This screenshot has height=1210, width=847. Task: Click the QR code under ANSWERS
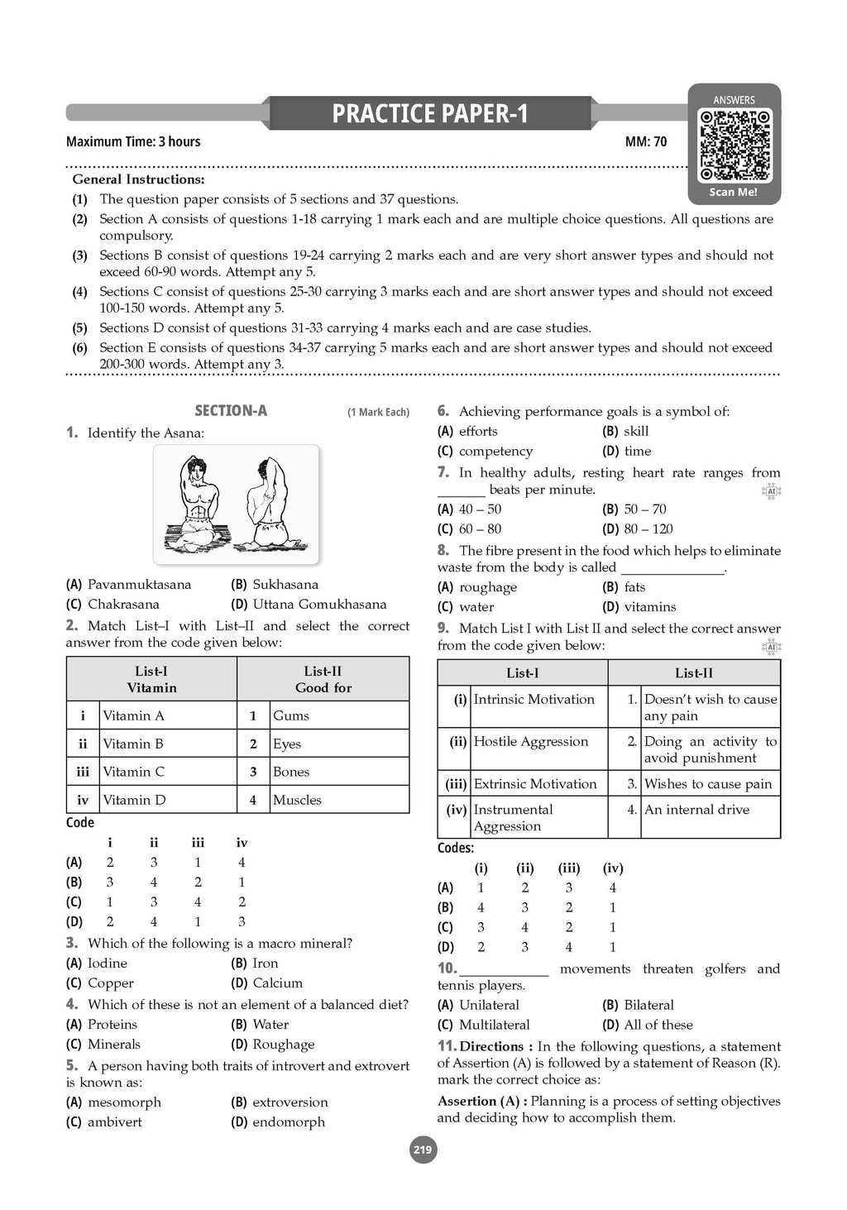coord(735,146)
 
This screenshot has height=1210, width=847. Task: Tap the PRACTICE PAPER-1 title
coord(429,113)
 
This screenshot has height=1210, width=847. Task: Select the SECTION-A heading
coord(231,411)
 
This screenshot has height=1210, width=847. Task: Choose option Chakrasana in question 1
coord(122,605)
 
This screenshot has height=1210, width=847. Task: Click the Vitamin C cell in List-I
coord(134,772)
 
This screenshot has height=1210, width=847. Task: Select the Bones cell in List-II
coord(291,772)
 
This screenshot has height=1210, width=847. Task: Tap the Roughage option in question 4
coord(283,1045)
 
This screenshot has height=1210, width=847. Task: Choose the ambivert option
coord(114,1122)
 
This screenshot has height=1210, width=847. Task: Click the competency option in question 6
coord(495,452)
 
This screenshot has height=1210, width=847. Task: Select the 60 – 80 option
coord(480,529)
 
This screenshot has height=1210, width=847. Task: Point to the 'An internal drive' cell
coord(696,810)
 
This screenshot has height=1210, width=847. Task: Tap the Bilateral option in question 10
coord(648,1006)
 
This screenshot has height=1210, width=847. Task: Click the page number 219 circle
coord(423,1150)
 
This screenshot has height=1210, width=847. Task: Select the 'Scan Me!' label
coord(733,192)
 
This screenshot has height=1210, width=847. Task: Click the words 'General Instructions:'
coord(139,179)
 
